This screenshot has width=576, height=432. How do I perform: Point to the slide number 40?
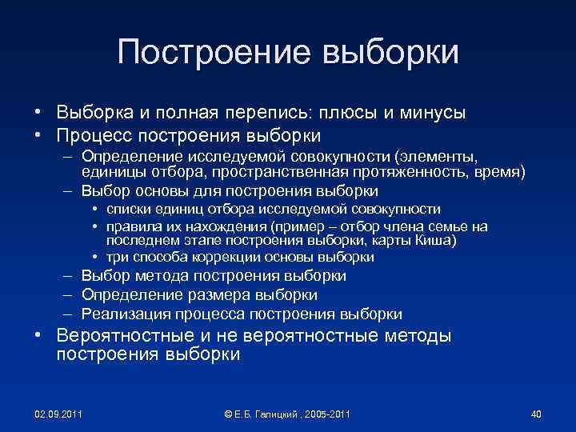[x=536, y=414]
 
